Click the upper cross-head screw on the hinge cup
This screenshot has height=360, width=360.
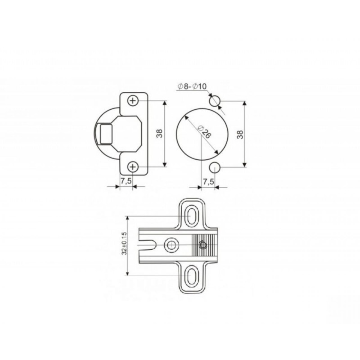(133, 101)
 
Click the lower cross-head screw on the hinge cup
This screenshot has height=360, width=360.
(133, 166)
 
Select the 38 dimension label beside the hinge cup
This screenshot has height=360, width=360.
(159, 134)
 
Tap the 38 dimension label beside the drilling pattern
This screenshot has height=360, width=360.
(240, 135)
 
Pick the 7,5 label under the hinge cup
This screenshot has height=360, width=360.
(126, 181)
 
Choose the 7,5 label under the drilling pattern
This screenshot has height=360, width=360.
(208, 182)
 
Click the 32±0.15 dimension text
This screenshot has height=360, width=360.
(125, 243)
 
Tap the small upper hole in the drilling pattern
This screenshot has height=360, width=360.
(215, 101)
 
